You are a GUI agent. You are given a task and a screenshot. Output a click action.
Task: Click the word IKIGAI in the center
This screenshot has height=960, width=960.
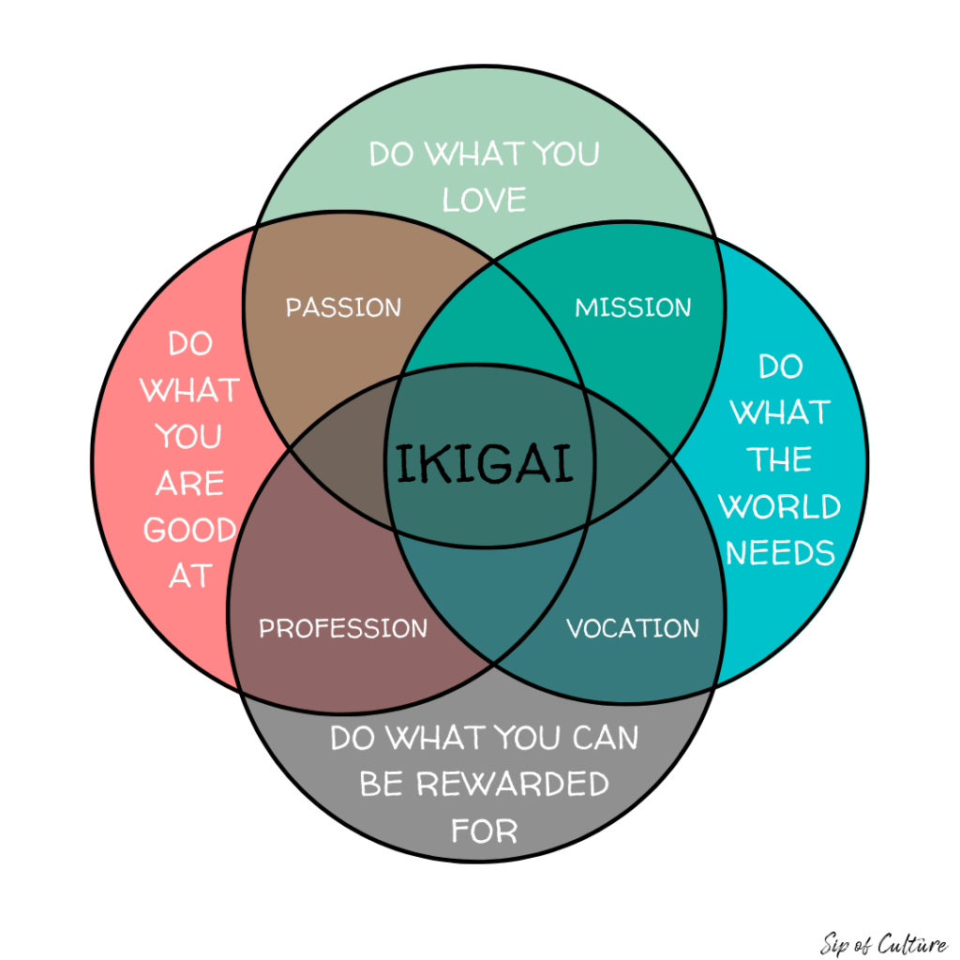coord(484,463)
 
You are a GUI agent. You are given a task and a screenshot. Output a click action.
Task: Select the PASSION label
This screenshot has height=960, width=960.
coord(343,307)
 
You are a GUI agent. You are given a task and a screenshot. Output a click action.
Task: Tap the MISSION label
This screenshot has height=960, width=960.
coord(633,307)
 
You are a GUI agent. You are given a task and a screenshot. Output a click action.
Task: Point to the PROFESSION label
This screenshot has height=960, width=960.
coord(343,628)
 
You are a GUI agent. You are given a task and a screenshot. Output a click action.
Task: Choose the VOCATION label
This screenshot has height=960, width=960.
coord(633,628)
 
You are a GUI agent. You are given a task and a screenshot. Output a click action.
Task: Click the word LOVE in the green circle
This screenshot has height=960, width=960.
coord(484,200)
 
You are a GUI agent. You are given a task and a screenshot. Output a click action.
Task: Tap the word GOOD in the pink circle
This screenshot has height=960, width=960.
coord(189,531)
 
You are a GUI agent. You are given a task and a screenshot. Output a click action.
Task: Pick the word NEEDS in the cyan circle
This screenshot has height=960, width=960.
coord(780,553)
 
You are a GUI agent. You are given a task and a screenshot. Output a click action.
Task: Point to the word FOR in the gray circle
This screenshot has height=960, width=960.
coord(484,831)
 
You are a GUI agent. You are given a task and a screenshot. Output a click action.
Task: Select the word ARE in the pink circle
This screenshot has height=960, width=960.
coord(189,484)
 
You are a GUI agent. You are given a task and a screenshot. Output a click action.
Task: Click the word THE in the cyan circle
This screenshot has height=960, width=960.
coord(780,460)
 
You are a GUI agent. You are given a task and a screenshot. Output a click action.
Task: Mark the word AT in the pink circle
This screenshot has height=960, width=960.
coord(189,577)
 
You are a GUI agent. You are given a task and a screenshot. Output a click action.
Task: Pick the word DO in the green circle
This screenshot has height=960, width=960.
coord(392,154)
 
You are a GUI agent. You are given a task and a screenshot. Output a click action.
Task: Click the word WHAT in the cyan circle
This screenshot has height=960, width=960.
coord(780,413)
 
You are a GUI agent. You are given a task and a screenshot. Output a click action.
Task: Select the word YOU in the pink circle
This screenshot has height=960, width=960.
coord(189,437)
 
